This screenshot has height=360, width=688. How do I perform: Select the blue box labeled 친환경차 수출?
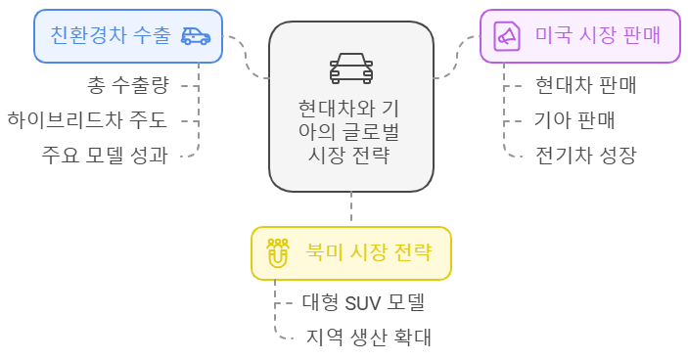click(127, 36)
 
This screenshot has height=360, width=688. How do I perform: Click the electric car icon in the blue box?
click(196, 36)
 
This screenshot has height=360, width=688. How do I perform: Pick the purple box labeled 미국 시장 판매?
click(579, 36)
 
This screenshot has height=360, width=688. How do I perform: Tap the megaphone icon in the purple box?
click(507, 36)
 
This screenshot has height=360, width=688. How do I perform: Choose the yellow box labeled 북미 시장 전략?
click(350, 253)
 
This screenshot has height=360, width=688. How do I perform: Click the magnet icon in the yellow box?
click(278, 253)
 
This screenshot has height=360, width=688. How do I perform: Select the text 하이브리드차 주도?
click(87, 120)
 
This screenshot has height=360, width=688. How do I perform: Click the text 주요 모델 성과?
click(105, 155)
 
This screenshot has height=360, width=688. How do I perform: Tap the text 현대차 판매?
click(586, 85)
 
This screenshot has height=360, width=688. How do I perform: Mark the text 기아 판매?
click(574, 120)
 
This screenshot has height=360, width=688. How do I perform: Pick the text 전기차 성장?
click(586, 155)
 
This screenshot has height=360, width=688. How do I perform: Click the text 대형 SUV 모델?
click(362, 302)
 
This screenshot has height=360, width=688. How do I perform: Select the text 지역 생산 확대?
click(368, 337)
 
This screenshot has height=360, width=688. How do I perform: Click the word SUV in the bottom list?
click(364, 302)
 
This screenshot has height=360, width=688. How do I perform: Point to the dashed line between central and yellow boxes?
click(350, 207)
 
